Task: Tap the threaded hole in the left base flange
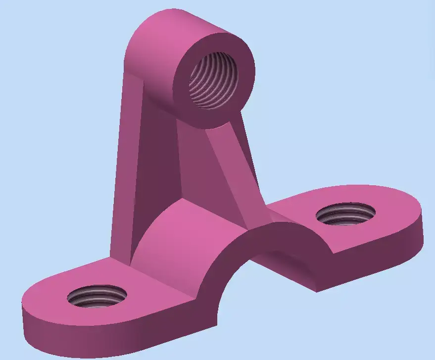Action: [97, 297]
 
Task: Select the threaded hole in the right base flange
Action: [345, 213]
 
